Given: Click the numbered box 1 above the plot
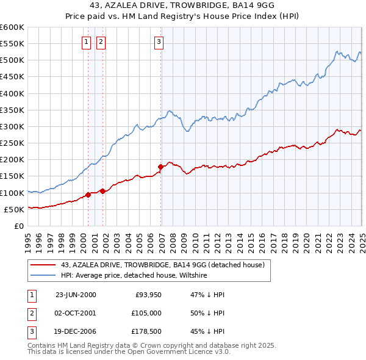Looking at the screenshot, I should (x=86, y=42).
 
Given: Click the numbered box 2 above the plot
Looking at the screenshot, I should (x=101, y=42).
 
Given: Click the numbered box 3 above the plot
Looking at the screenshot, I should (x=159, y=42).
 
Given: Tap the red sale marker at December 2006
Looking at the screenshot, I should (x=161, y=166).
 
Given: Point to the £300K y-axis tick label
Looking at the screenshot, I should (x=12, y=127).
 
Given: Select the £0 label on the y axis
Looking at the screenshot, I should (x=18, y=226).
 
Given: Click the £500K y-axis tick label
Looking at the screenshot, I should (x=12, y=60).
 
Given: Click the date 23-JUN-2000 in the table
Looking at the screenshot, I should (x=76, y=295).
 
